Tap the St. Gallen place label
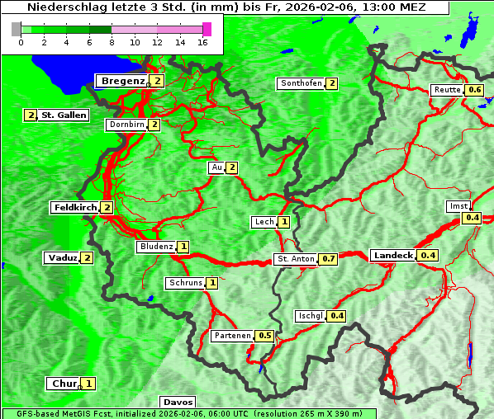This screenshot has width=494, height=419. coord(64,115)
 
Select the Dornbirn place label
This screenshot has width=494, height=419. coord(126,125)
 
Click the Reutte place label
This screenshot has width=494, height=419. coord(447,90)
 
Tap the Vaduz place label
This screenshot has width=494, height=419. coord(63,258)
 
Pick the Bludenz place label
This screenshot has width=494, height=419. coord(156,247)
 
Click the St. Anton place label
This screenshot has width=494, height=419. coord(296,259)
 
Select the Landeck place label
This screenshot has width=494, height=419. coord(392,256)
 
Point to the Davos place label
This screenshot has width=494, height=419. coord(177,403)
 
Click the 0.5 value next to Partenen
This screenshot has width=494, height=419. coord(265,336)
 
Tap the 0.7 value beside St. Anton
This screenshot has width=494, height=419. coord(329,259)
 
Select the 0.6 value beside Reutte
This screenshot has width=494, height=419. coord(474,90)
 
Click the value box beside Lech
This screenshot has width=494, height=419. coord(284,222)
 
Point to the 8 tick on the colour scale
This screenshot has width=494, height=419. coord(111,41)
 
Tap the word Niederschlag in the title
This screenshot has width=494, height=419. coord(63,7)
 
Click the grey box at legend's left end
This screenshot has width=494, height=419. coord(16,29)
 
